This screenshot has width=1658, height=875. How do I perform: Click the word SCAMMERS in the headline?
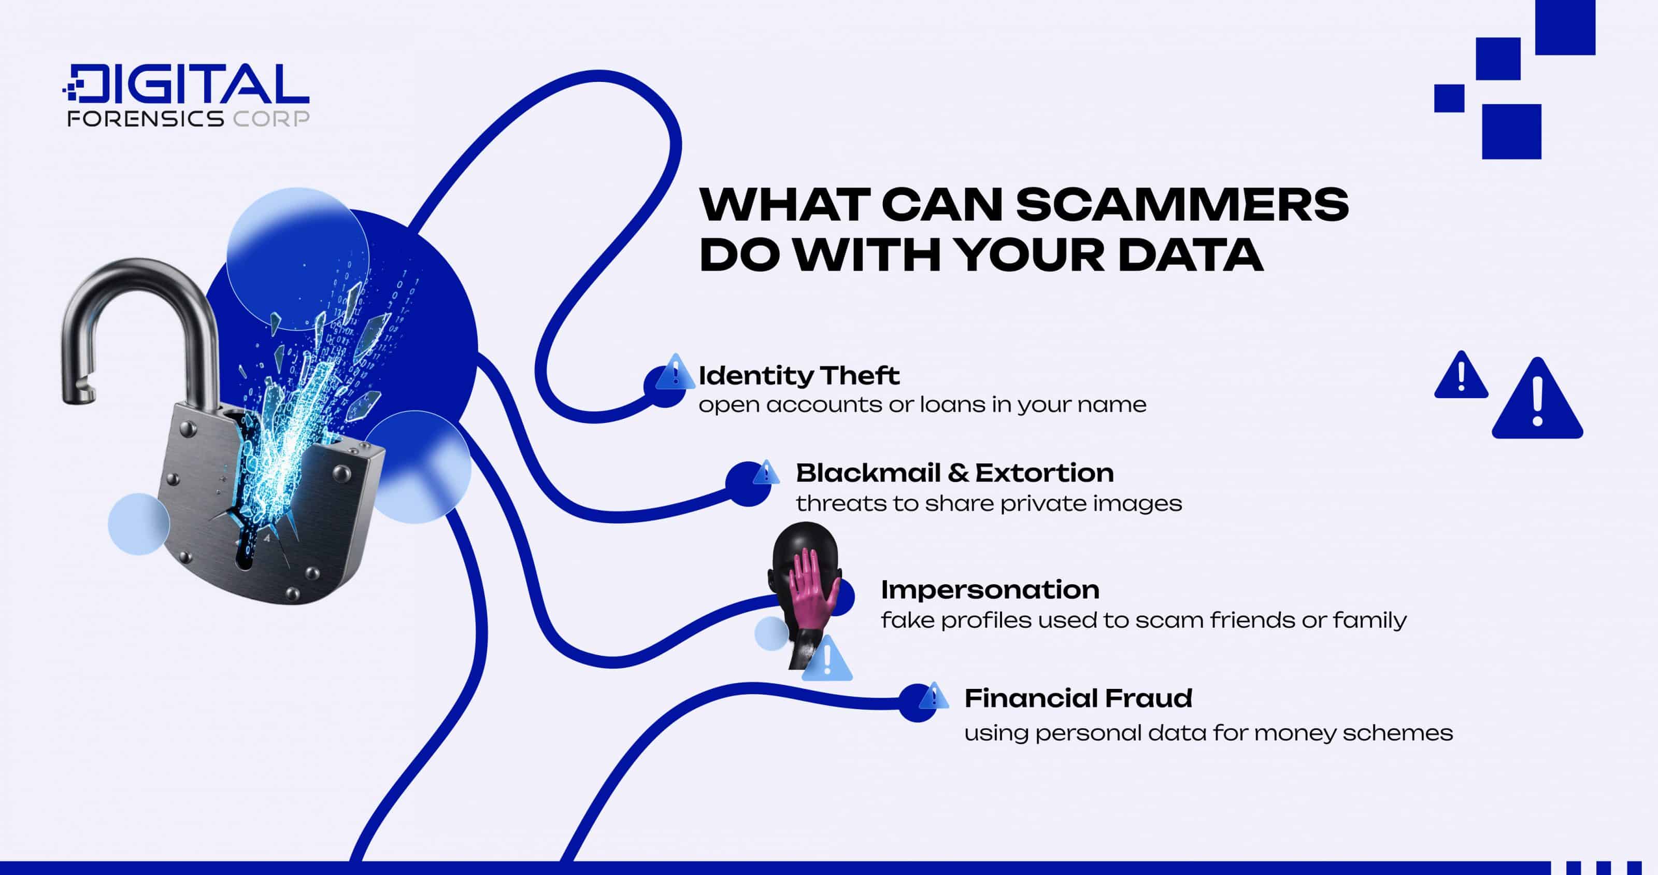coord(1182,205)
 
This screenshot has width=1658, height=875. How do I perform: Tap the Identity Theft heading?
coord(799,375)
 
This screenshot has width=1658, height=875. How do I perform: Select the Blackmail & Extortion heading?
coord(954,473)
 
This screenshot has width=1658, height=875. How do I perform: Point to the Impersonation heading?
coord(990,590)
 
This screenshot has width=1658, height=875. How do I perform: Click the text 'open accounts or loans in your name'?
coord(922,405)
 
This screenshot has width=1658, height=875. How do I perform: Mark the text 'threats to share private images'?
coord(989,503)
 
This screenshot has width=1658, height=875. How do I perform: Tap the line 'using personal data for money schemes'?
coord(1208,732)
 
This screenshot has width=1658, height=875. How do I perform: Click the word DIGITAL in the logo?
coord(187,83)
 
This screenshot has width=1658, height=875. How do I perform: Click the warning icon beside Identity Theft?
coord(675,372)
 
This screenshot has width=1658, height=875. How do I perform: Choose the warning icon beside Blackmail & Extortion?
coord(766,473)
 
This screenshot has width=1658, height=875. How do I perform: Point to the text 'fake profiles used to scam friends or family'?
coord(1144,620)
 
